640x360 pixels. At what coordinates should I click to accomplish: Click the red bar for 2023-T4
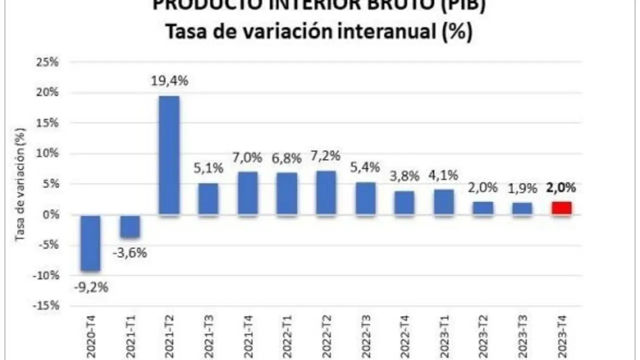tap(560, 208)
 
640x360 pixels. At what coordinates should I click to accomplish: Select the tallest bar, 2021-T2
tap(168, 155)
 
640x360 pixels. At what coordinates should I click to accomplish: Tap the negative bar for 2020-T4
tap(90, 242)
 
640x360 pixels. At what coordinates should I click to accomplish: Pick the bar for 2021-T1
tap(129, 226)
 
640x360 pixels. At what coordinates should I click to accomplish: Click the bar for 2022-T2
tap(326, 193)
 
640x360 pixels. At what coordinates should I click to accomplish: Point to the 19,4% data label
tap(170, 81)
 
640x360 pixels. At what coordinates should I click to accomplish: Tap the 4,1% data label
tap(443, 176)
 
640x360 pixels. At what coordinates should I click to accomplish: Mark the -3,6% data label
tap(129, 253)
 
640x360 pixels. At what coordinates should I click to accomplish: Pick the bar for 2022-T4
tap(404, 203)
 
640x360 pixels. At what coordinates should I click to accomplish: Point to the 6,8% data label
tap(287, 159)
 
